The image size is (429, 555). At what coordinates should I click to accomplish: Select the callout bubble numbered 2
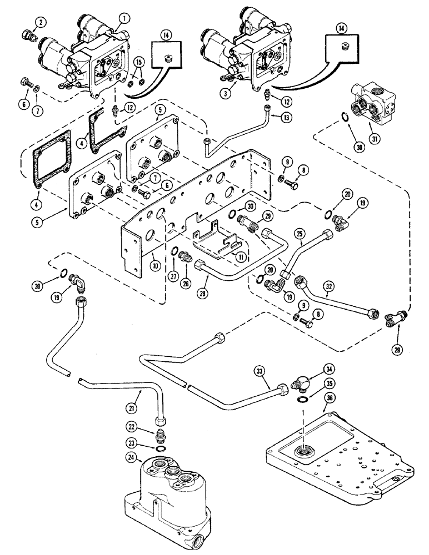(40, 22)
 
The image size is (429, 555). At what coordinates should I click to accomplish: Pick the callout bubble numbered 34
(315, 369)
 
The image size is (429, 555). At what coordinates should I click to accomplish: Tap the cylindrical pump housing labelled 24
(166, 493)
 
